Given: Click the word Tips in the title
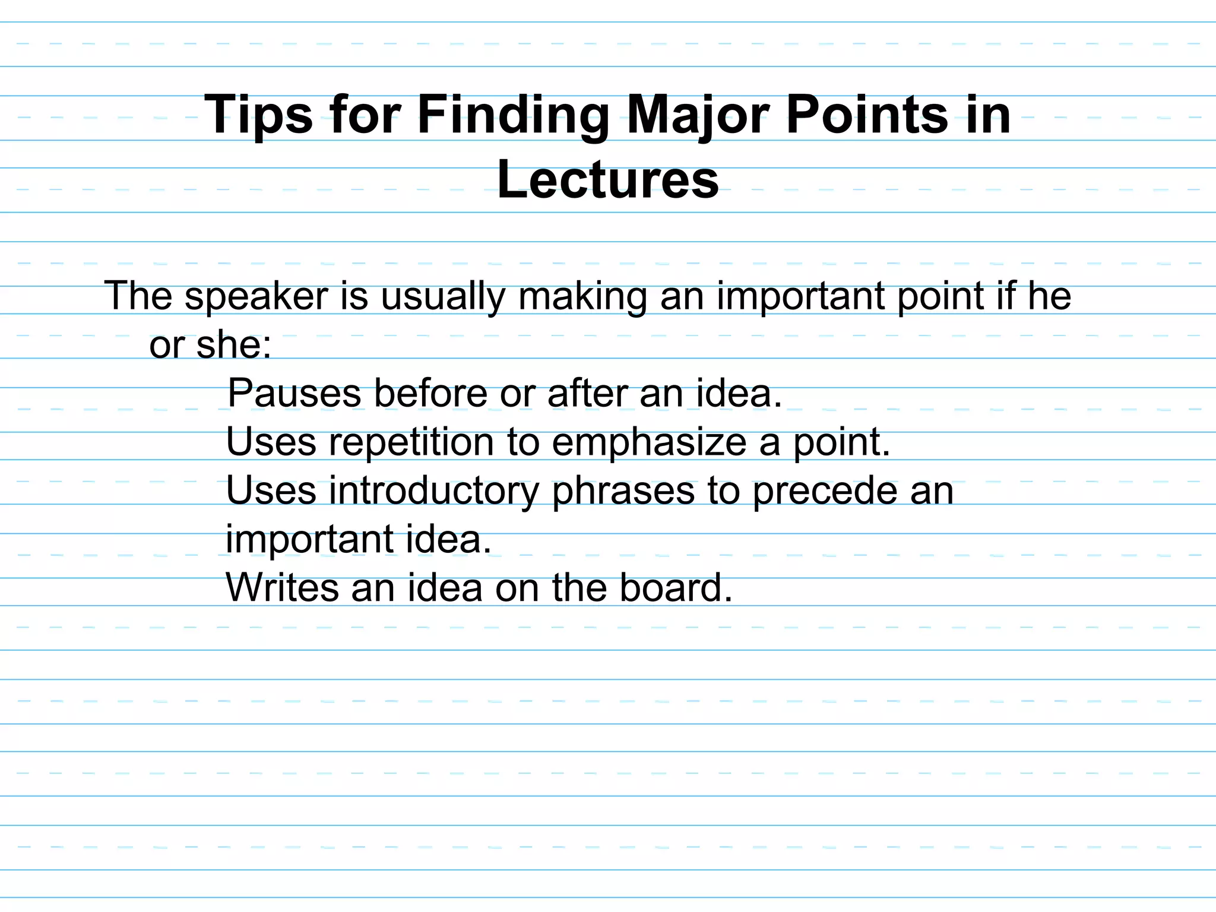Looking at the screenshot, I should pos(258,115).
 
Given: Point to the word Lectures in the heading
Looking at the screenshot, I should pos(608,180).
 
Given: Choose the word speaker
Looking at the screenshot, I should pos(256,296).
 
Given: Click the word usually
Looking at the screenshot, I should pos(442,296).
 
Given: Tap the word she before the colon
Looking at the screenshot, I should pos(232,345).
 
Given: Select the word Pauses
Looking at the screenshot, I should pos(294,393).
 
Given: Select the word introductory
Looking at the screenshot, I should pos(434,491).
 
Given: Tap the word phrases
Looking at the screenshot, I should pos(623,491).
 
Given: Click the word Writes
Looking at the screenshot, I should pos(282,588).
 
